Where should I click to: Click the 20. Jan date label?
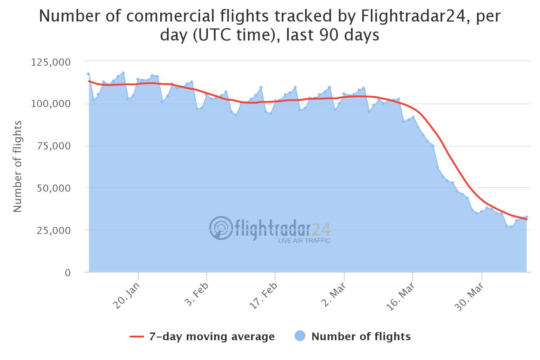[126, 295]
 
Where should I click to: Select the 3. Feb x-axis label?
[195, 295]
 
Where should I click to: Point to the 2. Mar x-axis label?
[332, 295]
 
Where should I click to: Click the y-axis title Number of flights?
[18, 166]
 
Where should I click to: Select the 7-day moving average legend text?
[211, 337]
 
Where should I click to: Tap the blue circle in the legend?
[300, 336]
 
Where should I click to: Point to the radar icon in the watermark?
[221, 228]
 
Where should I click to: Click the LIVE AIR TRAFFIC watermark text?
[304, 241]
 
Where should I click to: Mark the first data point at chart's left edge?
[88, 73]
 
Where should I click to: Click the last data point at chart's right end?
[526, 217]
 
